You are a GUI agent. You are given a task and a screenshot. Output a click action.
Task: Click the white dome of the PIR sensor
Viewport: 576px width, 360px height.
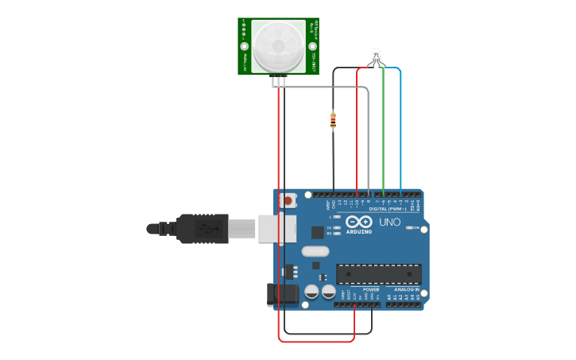click(278, 45)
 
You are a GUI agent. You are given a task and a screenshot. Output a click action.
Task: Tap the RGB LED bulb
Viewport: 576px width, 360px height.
click(377, 56)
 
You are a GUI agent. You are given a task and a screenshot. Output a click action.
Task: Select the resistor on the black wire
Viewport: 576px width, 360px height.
click(333, 121)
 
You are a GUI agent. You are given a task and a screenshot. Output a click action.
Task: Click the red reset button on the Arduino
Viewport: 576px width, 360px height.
click(288, 201)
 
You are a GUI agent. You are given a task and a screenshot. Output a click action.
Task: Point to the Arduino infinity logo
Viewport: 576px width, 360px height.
click(358, 223)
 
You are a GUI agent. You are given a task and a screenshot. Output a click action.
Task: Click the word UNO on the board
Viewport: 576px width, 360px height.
click(390, 223)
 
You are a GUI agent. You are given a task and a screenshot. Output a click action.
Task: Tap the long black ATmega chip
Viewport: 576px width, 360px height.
click(379, 274)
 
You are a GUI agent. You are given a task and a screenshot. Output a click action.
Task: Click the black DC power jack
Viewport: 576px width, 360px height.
click(282, 293)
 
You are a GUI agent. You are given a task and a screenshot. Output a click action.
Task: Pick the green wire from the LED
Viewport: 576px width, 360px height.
click(384, 127)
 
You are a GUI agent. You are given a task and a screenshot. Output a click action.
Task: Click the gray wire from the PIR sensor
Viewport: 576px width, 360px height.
click(369, 135)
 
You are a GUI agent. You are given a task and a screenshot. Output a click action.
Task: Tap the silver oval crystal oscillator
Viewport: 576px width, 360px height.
click(315, 251)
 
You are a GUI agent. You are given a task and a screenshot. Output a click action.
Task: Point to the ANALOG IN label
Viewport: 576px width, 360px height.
click(407, 289)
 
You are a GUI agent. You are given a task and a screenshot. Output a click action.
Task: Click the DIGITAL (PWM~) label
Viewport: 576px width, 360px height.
click(388, 209)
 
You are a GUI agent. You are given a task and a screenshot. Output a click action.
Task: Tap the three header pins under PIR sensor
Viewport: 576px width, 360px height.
click(278, 79)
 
